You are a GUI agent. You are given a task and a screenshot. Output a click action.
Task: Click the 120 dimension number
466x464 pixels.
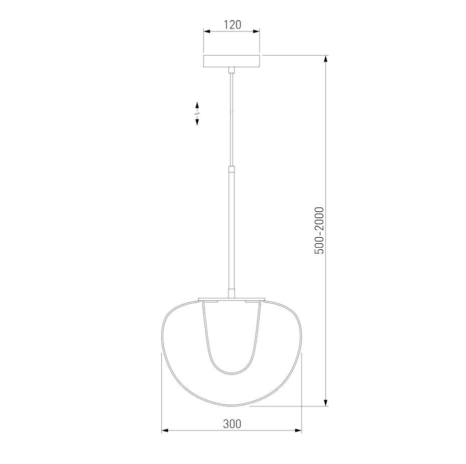232,25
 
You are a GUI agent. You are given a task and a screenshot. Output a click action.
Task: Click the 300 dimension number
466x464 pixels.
232,424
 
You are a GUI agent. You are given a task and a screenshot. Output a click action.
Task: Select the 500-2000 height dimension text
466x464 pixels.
319,231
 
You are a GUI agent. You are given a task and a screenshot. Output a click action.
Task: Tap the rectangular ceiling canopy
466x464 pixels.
231,61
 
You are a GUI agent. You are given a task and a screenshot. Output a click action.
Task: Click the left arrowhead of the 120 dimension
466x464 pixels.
207,31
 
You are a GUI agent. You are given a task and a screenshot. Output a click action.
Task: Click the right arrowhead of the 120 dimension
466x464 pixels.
257,31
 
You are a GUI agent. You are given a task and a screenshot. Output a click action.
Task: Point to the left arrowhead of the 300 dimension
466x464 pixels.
165,430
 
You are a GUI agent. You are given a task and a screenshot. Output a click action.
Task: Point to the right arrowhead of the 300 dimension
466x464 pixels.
298,430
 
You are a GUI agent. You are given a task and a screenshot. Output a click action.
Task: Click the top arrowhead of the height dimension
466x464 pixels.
326,59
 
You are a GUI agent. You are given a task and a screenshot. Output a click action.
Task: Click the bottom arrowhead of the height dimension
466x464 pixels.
326,402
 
